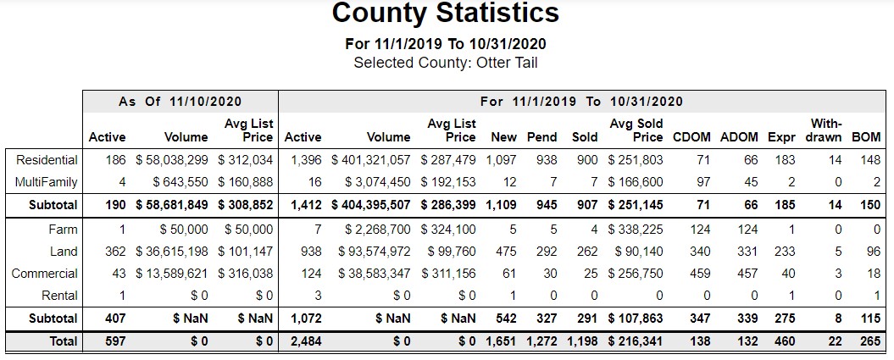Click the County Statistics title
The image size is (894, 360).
click(445, 14)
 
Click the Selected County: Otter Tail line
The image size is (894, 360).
click(445, 63)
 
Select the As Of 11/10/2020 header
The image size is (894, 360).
click(180, 102)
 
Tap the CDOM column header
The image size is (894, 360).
click(691, 137)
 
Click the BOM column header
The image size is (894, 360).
click(865, 137)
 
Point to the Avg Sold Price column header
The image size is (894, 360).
click(636, 130)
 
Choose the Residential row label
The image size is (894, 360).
click(47, 160)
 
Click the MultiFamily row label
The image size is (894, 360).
click(46, 182)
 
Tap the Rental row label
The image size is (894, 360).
click(58, 296)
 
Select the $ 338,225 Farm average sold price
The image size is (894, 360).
click(636, 229)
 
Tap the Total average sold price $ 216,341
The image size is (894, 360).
click(636, 342)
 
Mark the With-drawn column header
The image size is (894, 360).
click(826, 130)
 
